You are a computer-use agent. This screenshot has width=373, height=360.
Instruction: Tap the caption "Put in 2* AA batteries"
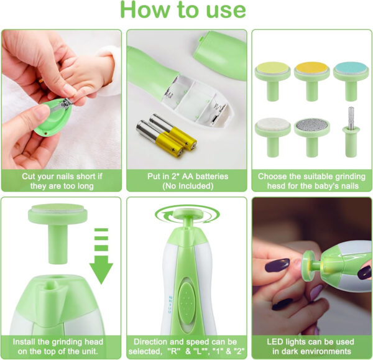[x=186, y=177]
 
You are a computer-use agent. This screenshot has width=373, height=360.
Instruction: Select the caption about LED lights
[x=311, y=346]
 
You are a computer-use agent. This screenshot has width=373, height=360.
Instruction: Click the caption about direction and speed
[x=186, y=346]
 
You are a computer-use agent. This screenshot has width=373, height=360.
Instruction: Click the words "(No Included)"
[x=186, y=186]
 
